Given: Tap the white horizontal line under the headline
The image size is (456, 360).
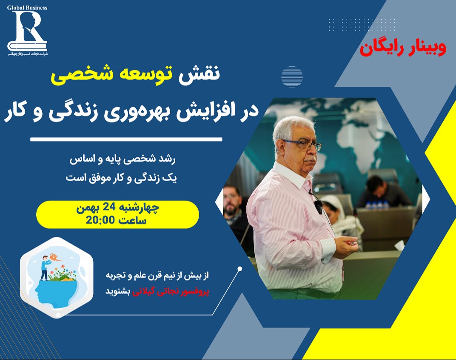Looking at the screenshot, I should [126, 139].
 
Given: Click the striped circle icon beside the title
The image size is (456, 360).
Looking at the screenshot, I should [292, 77].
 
